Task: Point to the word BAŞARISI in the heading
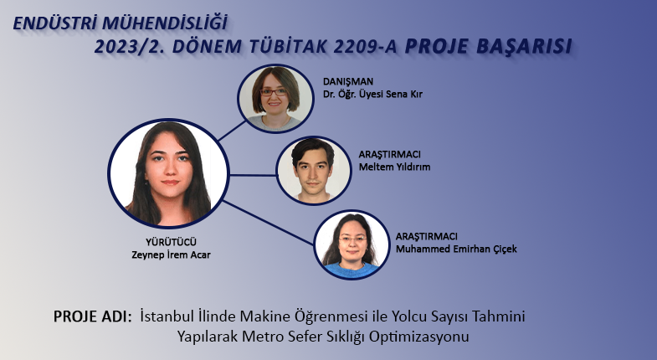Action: (x=524, y=47)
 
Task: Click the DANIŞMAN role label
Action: (x=348, y=81)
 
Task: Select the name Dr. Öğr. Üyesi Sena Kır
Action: (x=372, y=94)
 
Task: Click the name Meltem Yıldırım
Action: (x=394, y=167)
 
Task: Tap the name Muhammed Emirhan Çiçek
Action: (x=456, y=249)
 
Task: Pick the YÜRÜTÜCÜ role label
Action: (x=171, y=242)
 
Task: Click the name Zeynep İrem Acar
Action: (x=171, y=255)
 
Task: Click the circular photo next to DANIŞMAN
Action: (x=275, y=99)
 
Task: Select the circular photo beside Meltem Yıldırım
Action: (x=313, y=171)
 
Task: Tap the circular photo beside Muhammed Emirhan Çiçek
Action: (x=352, y=244)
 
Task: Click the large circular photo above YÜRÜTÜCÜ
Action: (x=168, y=173)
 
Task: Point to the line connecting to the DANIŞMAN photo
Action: (x=232, y=131)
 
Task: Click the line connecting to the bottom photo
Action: (x=269, y=223)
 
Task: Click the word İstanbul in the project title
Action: (x=166, y=316)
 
